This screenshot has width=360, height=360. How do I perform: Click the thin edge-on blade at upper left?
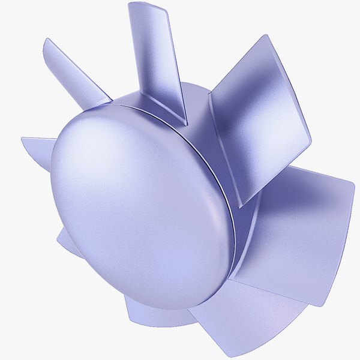coord(75,69)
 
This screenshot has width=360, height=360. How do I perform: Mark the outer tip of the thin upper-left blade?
coord(47,41)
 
